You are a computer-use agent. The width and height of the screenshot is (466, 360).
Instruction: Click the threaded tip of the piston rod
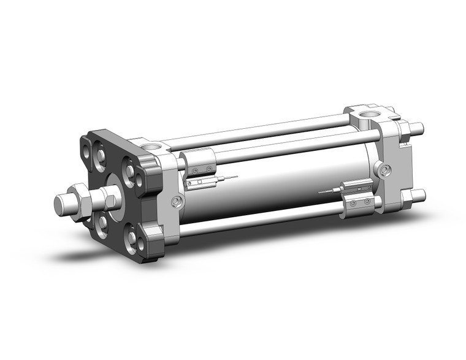(x=61, y=204)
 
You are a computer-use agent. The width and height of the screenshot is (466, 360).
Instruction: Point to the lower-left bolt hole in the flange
(x=102, y=224)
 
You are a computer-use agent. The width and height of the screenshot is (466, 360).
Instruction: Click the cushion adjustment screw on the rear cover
(x=384, y=170)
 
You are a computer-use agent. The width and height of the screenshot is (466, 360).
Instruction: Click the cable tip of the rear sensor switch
(x=321, y=193)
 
